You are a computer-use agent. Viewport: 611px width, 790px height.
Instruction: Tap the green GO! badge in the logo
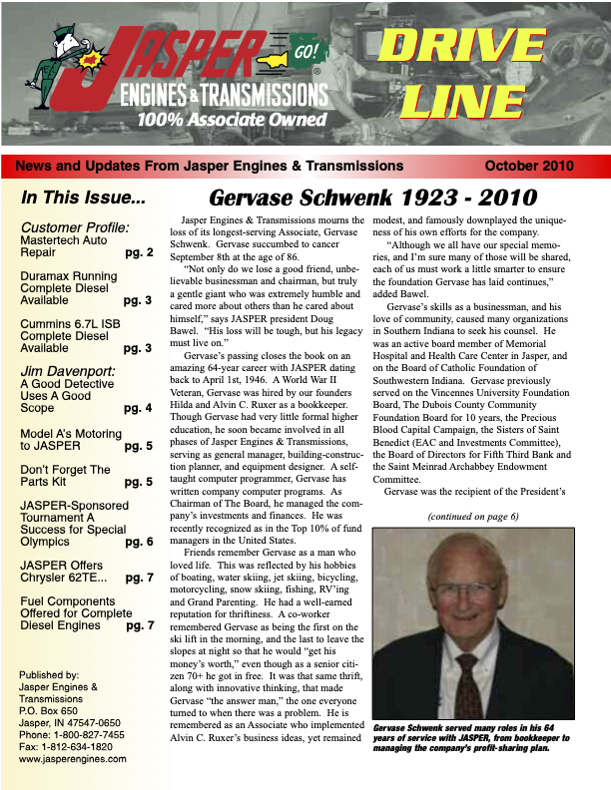click(x=307, y=51)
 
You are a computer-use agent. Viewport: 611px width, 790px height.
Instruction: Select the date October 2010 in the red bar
click(x=542, y=167)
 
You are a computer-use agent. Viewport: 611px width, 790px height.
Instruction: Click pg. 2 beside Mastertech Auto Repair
click(x=139, y=253)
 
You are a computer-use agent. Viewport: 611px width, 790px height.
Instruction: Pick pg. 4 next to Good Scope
click(x=138, y=408)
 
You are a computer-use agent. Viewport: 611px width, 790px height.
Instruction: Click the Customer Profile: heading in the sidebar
click(x=75, y=226)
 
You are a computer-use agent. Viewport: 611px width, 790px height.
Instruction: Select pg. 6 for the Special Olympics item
click(x=139, y=543)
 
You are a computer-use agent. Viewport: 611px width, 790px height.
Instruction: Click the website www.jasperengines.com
click(x=73, y=759)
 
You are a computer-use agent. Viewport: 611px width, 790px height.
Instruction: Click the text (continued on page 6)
click(x=472, y=517)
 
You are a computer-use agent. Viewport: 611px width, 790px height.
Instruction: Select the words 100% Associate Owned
click(x=233, y=121)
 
